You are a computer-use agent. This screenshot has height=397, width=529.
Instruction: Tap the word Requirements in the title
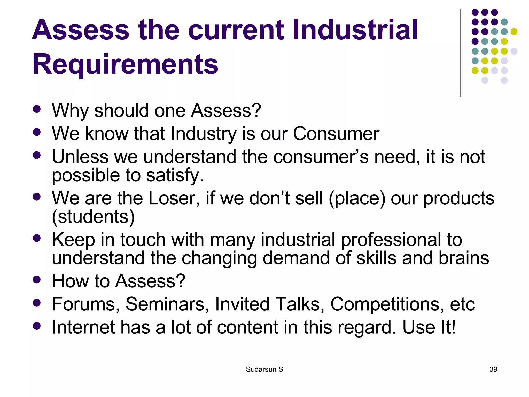click(125, 64)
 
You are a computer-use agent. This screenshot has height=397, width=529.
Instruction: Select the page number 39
click(493, 369)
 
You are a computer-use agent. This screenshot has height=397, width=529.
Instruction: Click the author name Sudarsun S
click(264, 369)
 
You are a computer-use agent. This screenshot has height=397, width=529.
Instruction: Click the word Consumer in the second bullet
click(336, 134)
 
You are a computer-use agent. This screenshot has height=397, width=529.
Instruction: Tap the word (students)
click(93, 217)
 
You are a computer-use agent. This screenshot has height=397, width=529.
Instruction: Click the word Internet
click(83, 327)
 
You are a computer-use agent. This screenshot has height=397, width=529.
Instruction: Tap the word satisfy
click(175, 175)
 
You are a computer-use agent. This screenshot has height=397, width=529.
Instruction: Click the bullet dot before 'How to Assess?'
click(37, 279)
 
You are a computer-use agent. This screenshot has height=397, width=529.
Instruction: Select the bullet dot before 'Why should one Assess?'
click(37, 109)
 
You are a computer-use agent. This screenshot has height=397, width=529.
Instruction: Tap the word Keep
click(73, 240)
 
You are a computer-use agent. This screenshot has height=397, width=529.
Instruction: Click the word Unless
click(80, 157)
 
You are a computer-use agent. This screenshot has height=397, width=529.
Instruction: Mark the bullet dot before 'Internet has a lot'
click(37, 326)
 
